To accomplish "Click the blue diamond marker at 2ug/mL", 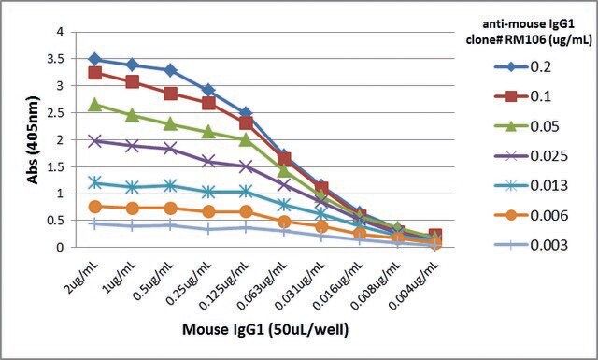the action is tap(95, 59).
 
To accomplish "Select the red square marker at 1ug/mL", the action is tap(133, 81).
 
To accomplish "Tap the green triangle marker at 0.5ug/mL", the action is tap(170, 124).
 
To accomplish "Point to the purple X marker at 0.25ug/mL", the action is tap(208, 161).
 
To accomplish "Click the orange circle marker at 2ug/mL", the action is tap(95, 207).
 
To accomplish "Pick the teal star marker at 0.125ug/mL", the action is tap(246, 192).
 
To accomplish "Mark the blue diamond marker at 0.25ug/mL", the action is tap(208, 91).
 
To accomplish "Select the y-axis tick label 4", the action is tap(60, 32).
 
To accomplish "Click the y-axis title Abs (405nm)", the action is tap(34, 140).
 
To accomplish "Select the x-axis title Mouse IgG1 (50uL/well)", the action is tap(265, 329).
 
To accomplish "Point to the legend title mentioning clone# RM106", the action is tap(529, 32).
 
